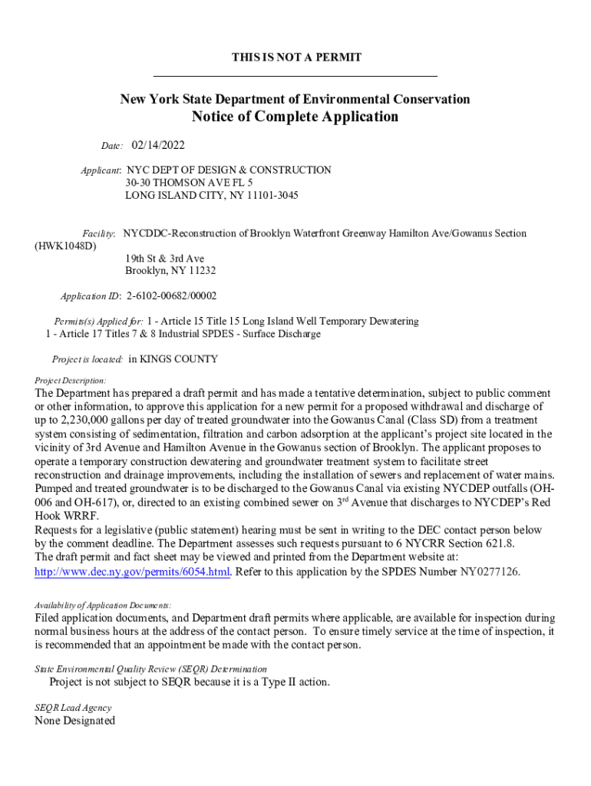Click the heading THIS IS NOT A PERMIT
pos(296,58)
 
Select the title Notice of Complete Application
pos(295,117)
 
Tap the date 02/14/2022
pos(158,145)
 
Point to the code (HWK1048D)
pos(67,246)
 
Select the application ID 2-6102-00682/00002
pos(171,296)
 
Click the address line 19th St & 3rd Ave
pos(165,259)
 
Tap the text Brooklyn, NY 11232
pos(170,271)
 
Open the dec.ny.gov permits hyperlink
pos(133,572)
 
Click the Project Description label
pos(71,380)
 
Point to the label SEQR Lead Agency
pos(73,708)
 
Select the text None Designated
pos(75,721)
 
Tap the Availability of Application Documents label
pos(103,604)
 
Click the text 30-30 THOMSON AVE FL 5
pos(190,183)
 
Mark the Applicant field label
pos(101,170)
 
